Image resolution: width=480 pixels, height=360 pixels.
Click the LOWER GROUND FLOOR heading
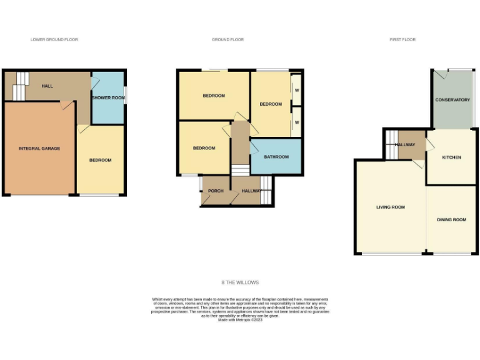54,39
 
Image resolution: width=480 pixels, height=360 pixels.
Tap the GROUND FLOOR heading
227,39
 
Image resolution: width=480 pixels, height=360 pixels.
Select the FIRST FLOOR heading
402,39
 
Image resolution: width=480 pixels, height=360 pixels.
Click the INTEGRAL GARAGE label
39,148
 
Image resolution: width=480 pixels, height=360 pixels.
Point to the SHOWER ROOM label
108,97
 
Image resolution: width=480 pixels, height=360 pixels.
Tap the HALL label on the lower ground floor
47,86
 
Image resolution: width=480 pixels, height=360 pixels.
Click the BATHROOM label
276,157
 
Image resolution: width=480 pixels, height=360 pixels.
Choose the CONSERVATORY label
452,100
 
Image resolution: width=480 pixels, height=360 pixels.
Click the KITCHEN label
451,157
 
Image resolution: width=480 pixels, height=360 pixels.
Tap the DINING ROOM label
451,219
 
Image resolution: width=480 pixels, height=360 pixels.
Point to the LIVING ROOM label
391,207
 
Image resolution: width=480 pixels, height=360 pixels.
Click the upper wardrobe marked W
297,89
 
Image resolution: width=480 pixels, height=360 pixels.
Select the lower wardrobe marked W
297,122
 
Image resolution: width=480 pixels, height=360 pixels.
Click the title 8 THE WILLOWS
240,282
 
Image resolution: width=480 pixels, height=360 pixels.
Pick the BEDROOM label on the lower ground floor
100,160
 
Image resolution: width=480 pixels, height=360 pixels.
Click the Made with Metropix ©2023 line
240,320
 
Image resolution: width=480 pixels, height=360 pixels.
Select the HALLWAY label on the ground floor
251,191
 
